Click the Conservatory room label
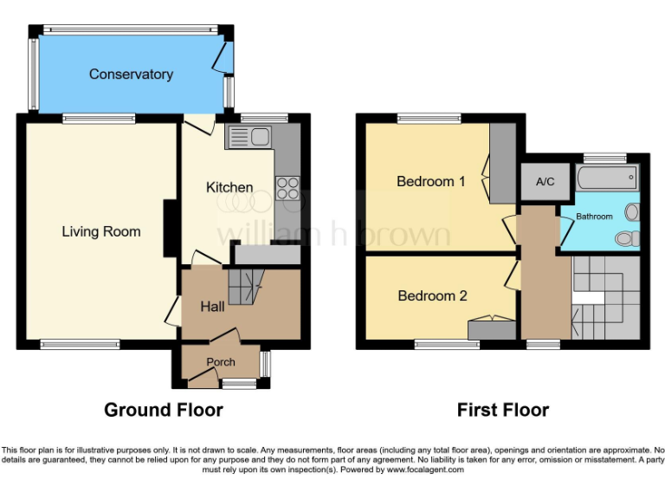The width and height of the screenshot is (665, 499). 131,75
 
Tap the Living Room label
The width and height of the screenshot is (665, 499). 100,231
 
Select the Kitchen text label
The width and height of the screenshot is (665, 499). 229,187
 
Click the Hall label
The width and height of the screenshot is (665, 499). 212,306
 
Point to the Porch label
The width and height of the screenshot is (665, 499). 221,362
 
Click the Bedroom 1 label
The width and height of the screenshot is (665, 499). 431,181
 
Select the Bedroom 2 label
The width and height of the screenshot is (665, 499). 432,295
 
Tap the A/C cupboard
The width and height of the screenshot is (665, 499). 545,182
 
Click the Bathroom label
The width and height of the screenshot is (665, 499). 595,217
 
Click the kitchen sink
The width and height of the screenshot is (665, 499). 249,136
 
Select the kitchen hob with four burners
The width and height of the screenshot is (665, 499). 287,188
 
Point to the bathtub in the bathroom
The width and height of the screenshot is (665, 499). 607,180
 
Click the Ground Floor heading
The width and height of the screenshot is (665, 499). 164,410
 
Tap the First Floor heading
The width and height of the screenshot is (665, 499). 503,410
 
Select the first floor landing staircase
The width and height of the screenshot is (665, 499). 606,299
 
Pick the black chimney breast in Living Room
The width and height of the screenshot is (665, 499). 171,228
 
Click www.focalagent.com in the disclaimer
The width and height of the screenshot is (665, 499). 424,470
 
